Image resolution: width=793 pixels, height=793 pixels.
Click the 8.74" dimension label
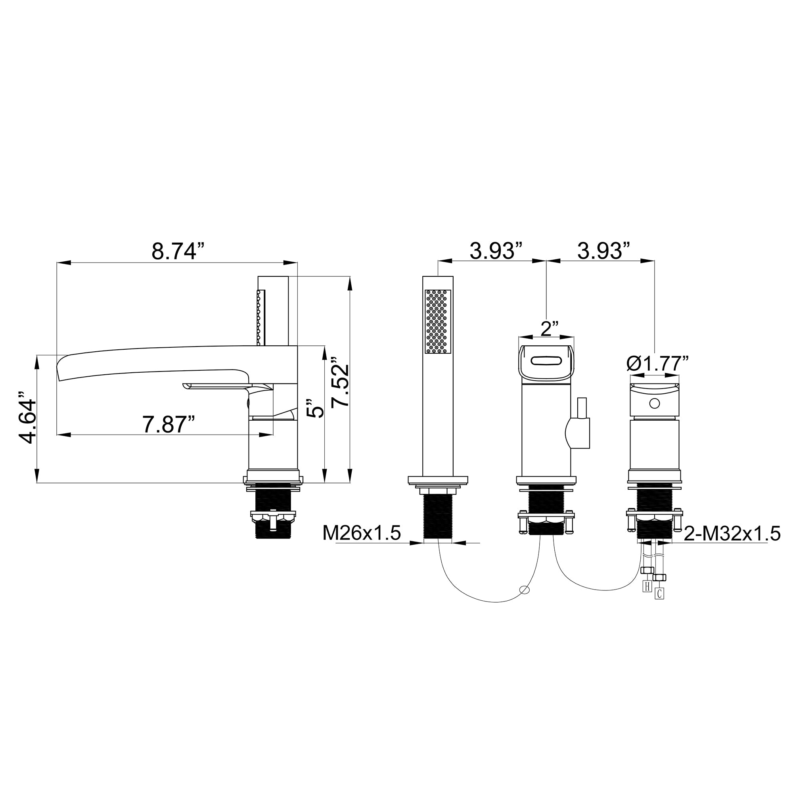pyautogui.click(x=178, y=251)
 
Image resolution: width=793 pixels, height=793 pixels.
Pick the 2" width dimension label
pyautogui.click(x=550, y=329)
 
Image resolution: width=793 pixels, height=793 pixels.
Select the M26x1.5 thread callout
pyautogui.click(x=361, y=533)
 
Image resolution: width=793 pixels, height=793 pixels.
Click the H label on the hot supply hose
pyautogui.click(x=647, y=586)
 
